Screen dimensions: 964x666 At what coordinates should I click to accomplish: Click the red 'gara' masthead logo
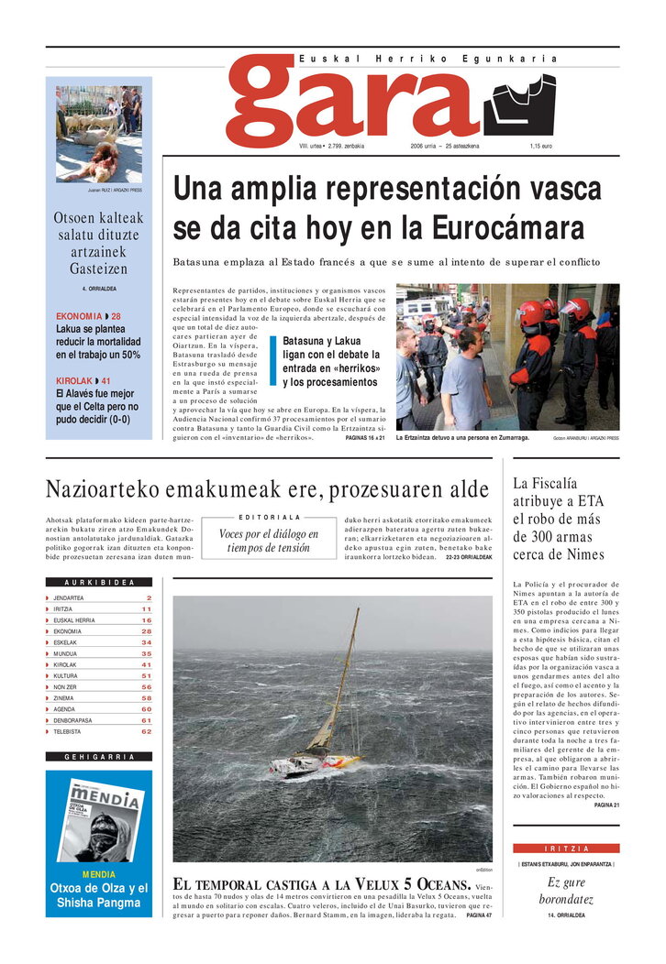pyautogui.click(x=353, y=101)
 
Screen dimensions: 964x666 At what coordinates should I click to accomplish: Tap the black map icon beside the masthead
pyautogui.click(x=519, y=104)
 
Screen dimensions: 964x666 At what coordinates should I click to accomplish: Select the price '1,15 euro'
pyautogui.click(x=540, y=147)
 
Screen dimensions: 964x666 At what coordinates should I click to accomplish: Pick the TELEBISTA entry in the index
pyautogui.click(x=67, y=731)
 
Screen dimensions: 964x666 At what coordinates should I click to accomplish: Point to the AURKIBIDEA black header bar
pyautogui.click(x=99, y=582)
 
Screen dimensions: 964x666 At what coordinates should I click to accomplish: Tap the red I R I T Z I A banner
pyautogui.click(x=565, y=849)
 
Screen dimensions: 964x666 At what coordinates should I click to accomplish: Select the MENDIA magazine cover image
pyautogui.click(x=100, y=818)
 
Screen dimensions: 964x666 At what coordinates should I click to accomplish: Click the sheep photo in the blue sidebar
pyautogui.click(x=99, y=134)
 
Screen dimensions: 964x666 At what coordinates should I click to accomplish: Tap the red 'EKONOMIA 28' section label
pyautogui.click(x=88, y=317)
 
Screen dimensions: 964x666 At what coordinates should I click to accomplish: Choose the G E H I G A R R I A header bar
pyautogui.click(x=99, y=757)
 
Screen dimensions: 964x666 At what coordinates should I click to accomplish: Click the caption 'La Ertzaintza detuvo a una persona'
pyautogui.click(x=462, y=438)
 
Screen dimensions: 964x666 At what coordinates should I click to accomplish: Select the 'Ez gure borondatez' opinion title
pyautogui.click(x=566, y=891)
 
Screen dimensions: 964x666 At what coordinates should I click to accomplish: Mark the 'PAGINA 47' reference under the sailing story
pyautogui.click(x=479, y=915)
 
